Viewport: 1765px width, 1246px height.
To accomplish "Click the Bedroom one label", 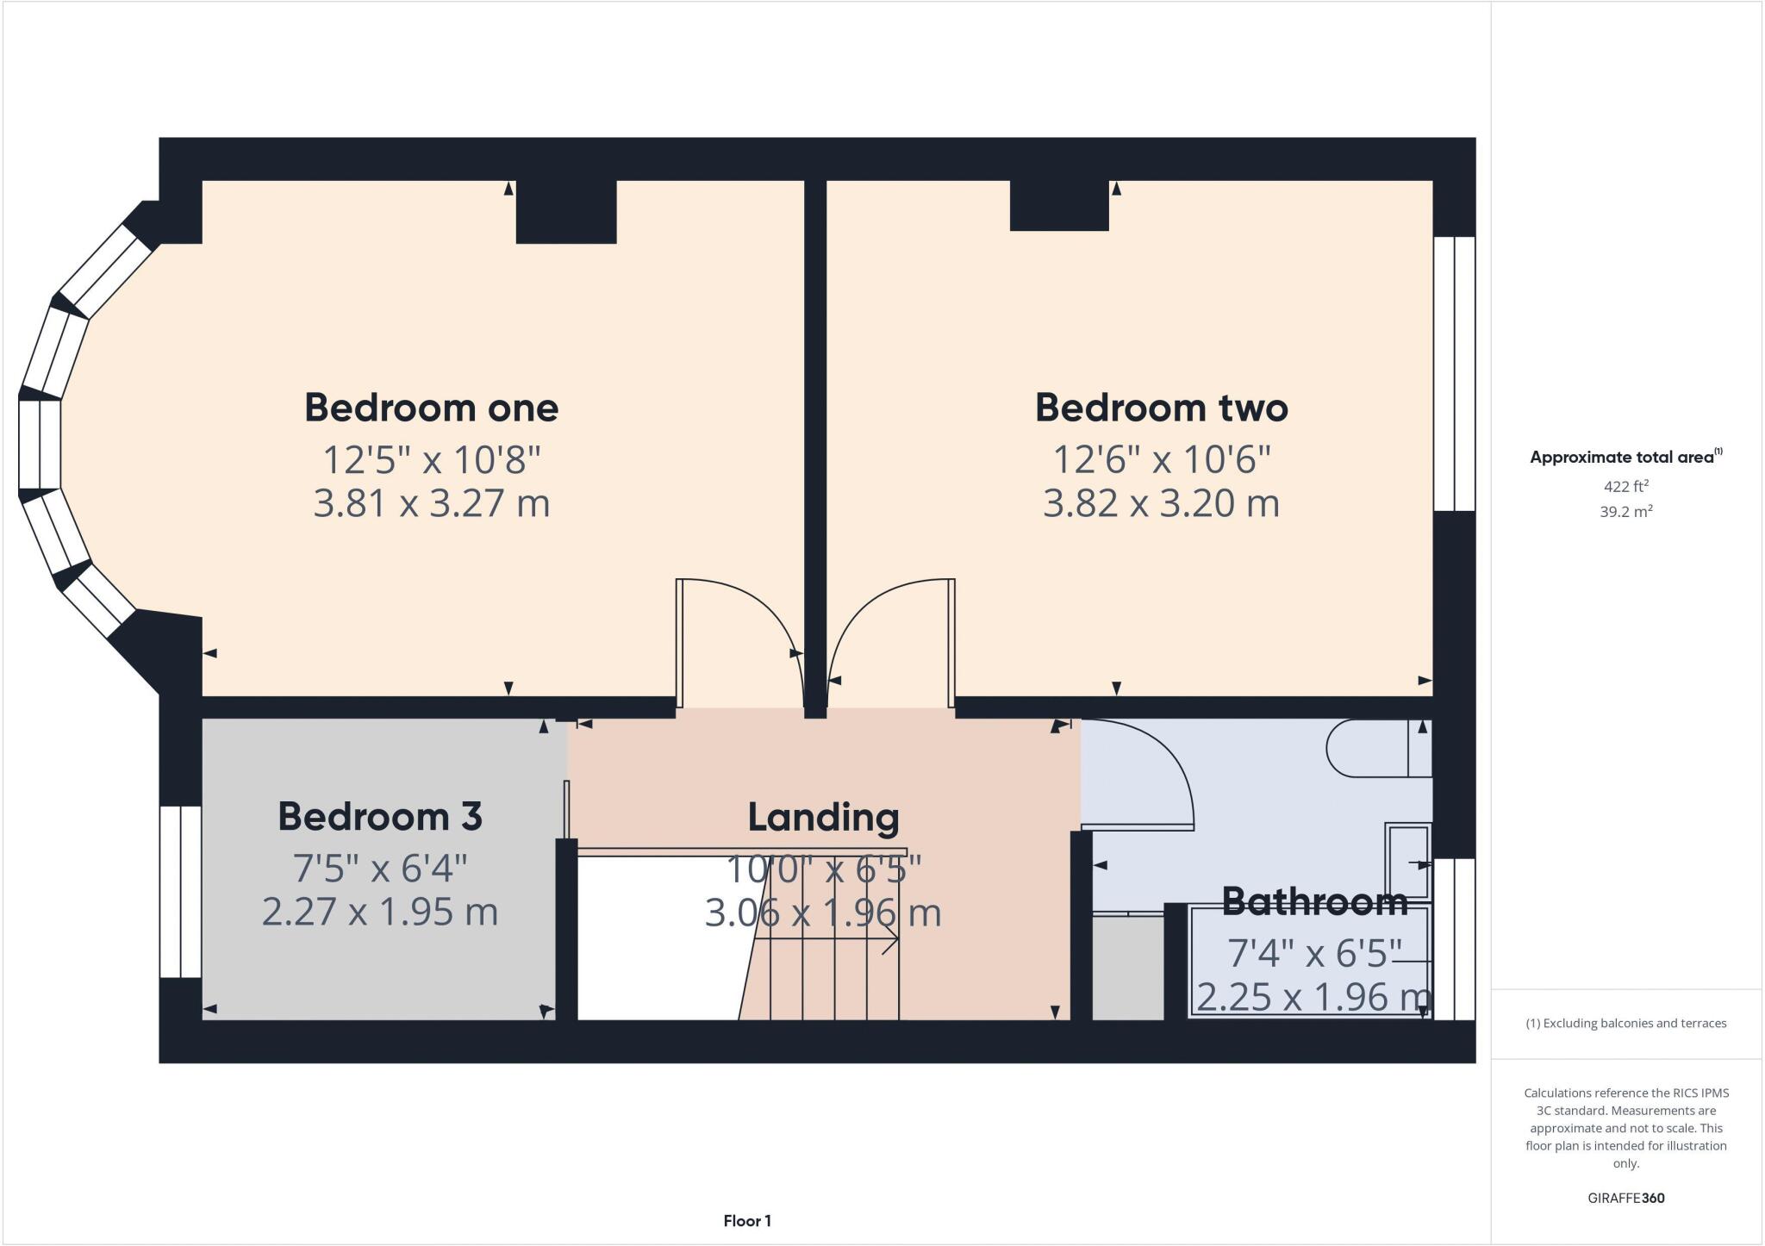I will (x=431, y=408).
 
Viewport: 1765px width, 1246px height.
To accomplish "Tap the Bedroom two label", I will (x=1161, y=408).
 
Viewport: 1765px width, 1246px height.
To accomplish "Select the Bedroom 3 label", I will (x=379, y=816).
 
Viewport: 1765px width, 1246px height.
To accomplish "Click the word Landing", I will (x=823, y=817).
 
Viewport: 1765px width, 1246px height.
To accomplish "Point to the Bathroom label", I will (x=1314, y=901).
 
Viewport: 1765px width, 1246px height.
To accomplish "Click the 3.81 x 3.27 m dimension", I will (x=431, y=503).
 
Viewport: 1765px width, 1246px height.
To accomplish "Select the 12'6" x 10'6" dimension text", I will (x=1161, y=459).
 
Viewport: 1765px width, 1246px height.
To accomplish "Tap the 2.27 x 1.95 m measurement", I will (x=379, y=912).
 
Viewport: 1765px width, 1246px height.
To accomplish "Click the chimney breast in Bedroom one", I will (x=566, y=212).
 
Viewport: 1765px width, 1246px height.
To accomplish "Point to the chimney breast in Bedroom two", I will (x=1058, y=206).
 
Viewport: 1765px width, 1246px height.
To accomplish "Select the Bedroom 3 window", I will (x=180, y=891).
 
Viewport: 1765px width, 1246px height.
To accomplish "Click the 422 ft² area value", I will (x=1625, y=486).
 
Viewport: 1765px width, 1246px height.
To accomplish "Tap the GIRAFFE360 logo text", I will (x=1625, y=1198).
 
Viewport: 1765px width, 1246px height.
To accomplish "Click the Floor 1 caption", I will (x=746, y=1220).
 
